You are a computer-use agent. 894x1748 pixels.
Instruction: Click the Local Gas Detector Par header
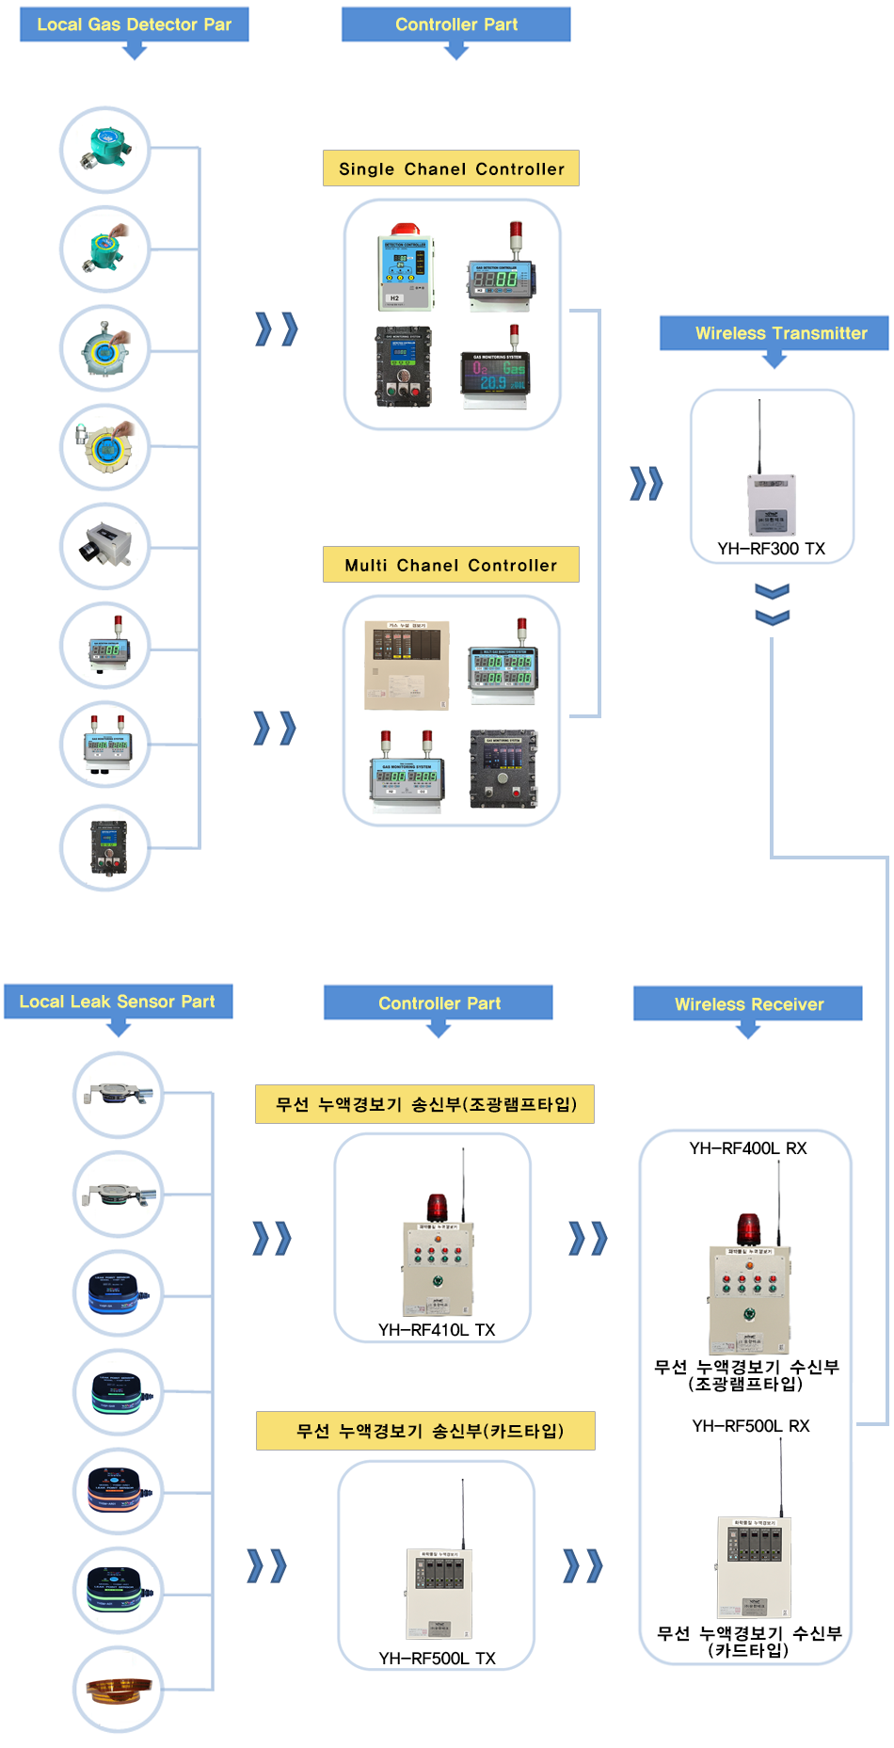(134, 24)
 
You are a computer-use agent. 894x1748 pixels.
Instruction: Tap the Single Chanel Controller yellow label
(451, 168)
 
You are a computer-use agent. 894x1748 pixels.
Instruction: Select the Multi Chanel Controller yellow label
(451, 565)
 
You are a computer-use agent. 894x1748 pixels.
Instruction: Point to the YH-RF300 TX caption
(771, 549)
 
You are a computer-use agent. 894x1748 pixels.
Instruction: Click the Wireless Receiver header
(748, 1004)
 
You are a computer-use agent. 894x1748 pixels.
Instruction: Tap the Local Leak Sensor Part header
(118, 1002)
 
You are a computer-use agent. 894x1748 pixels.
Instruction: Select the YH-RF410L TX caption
(436, 1329)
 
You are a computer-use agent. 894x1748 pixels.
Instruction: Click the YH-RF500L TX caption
(437, 1658)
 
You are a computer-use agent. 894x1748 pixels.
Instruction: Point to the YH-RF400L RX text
(747, 1148)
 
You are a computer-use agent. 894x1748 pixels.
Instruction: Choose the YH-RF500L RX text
(750, 1426)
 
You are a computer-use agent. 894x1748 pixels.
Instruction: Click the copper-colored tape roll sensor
(118, 1690)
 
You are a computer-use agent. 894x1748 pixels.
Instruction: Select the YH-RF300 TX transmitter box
(771, 504)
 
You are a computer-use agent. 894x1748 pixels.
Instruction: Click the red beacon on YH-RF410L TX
(438, 1208)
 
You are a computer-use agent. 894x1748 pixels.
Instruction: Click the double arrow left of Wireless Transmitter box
(647, 483)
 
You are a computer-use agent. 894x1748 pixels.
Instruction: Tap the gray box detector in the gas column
(105, 546)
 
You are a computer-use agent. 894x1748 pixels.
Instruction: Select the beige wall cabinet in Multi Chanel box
(407, 665)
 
